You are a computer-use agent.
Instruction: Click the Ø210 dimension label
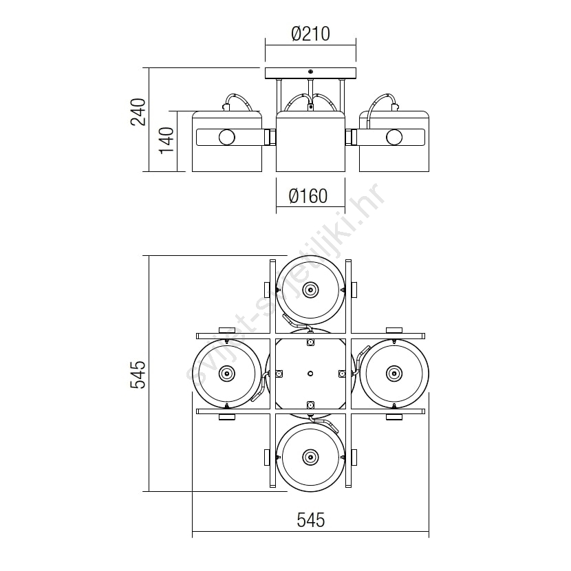pyautogui.click(x=311, y=34)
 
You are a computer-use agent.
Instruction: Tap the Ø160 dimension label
pyautogui.click(x=308, y=196)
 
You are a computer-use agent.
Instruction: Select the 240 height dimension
pyautogui.click(x=138, y=112)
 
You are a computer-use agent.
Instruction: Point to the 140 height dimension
pyautogui.click(x=166, y=140)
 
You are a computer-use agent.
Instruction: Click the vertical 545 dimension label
pyautogui.click(x=138, y=374)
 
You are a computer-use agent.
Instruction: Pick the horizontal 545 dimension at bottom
pyautogui.click(x=311, y=520)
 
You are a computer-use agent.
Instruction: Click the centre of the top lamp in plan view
pyautogui.click(x=310, y=290)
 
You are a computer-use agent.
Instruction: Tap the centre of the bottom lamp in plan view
pyautogui.click(x=310, y=457)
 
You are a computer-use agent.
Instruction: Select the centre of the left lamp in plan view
pyautogui.click(x=227, y=374)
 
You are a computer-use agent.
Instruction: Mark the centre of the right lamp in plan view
pyautogui.click(x=394, y=374)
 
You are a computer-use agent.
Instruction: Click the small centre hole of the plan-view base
pyautogui.click(x=310, y=374)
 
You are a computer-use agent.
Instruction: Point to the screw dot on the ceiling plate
pyautogui.click(x=310, y=72)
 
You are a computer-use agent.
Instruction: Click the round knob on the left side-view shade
pyautogui.click(x=227, y=138)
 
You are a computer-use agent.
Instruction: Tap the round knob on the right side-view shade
pyautogui.click(x=394, y=138)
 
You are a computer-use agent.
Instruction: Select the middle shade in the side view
pyautogui.click(x=310, y=141)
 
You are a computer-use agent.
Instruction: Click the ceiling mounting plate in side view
pyautogui.click(x=311, y=73)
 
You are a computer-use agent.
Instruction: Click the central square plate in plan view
pyautogui.click(x=310, y=374)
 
